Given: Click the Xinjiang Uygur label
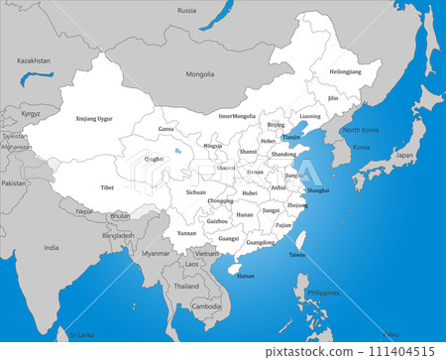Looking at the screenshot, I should [94, 119].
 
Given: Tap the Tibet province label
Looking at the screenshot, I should [107, 186].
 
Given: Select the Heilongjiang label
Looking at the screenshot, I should [346, 72].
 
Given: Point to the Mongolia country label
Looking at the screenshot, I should [200, 74].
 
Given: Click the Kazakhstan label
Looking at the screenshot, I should [34, 60].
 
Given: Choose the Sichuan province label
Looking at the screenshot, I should [195, 191].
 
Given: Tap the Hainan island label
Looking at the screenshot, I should [246, 276].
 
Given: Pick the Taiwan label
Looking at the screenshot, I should [297, 255].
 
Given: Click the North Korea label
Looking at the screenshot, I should [361, 131].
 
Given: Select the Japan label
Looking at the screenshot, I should [404, 156].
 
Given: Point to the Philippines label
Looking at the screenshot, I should [323, 294].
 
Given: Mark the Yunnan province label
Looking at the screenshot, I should [187, 233].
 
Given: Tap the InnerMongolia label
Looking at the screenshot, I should [237, 116].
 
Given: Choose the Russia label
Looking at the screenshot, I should [186, 10].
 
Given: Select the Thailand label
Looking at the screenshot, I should [186, 286].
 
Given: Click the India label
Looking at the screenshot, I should [51, 248].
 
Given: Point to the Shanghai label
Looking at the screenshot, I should [318, 189].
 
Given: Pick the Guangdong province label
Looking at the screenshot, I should [261, 243].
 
